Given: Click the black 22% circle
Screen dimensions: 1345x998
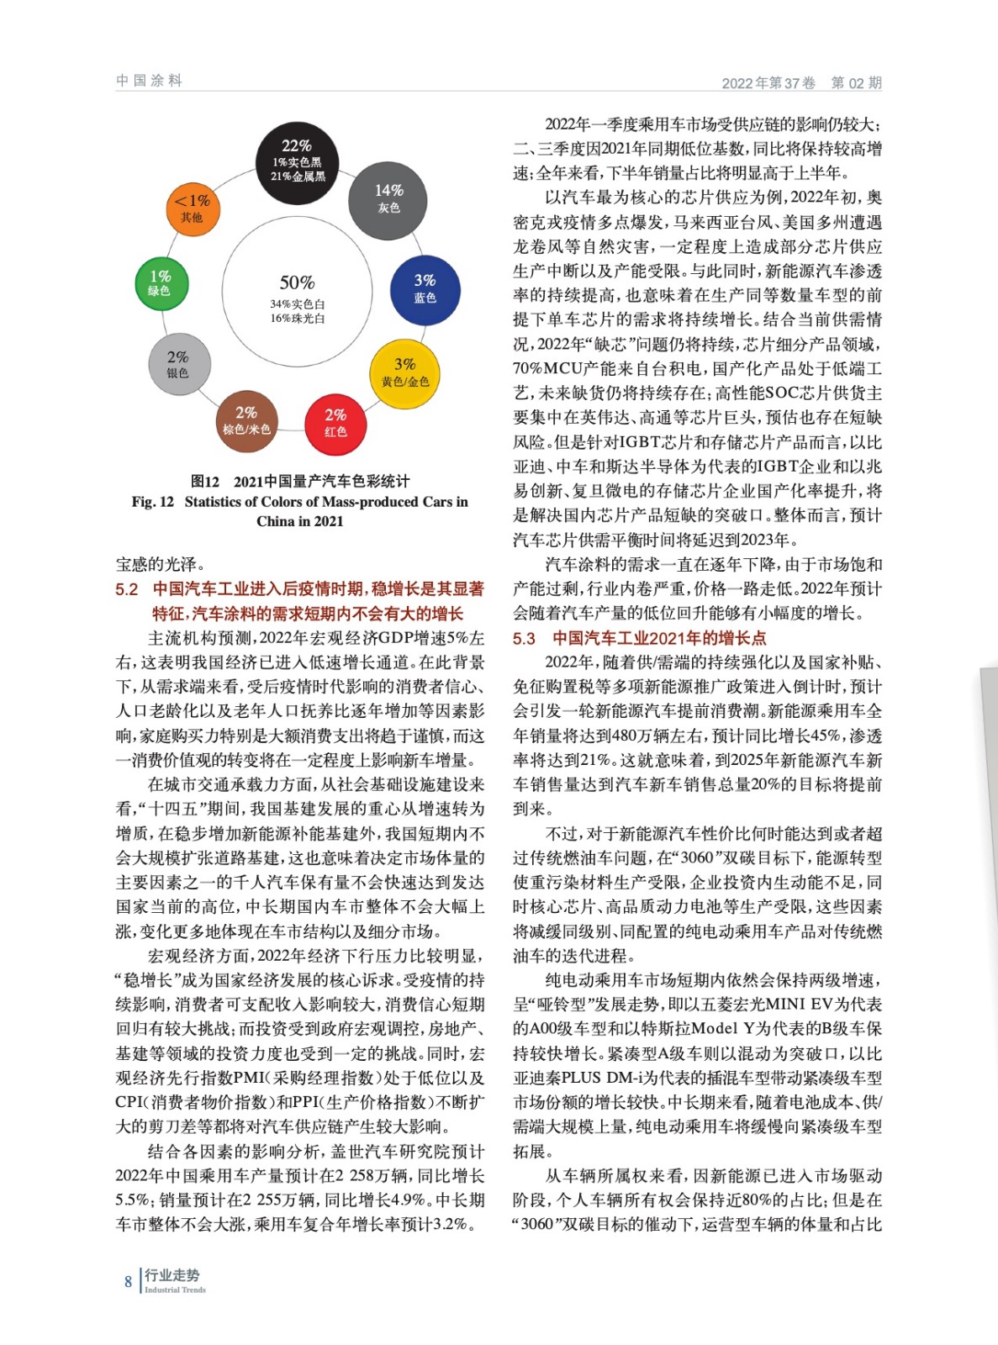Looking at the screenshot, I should click(297, 162).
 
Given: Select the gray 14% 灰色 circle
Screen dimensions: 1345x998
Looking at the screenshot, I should click(388, 200).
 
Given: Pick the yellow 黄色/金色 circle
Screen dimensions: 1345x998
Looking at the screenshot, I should click(405, 374).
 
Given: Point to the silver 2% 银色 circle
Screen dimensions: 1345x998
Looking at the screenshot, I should click(177, 365).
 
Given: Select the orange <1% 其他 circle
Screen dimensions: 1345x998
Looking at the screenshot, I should click(192, 208).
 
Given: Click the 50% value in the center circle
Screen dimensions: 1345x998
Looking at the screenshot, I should click(297, 282).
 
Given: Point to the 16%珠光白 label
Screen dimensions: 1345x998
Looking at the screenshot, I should click(297, 319).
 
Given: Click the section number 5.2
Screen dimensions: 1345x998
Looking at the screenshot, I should click(127, 589).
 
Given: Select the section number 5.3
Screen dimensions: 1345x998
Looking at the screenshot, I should click(524, 639).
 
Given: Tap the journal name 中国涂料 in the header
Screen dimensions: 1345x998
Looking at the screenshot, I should click(149, 81).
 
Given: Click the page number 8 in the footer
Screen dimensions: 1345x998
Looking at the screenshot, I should click(128, 1282).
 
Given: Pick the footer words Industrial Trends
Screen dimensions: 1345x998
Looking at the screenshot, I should click(175, 1290).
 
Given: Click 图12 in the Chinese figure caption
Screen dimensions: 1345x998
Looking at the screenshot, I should click(204, 482).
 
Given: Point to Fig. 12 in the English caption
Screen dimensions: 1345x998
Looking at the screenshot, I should click(152, 502).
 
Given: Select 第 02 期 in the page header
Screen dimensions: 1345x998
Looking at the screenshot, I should click(856, 82).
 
